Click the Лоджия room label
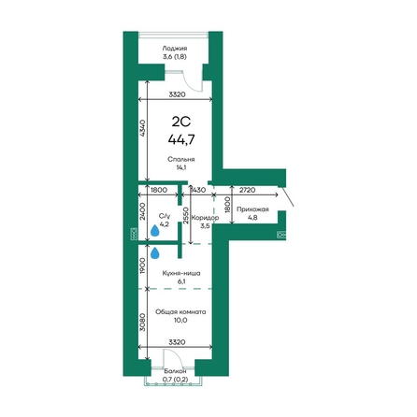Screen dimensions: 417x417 (175, 49)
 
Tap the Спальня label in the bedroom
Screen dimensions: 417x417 (181, 159)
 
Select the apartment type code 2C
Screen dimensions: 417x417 (181, 122)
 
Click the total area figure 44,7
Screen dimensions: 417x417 (181, 139)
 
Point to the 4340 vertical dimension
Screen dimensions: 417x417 (142, 128)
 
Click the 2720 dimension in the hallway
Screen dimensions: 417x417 (247, 190)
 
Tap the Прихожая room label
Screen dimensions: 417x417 (252, 209)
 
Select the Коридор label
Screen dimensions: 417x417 (205, 218)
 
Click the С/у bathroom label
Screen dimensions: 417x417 (165, 216)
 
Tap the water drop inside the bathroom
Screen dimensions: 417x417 (155, 231)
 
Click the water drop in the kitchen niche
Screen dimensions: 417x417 (155, 253)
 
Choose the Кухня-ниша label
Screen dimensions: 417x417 (181, 273)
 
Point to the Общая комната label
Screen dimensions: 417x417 (180, 311)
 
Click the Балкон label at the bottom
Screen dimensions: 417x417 (175, 371)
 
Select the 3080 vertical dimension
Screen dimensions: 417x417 (142, 323)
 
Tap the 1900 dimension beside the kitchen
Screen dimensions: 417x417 (142, 266)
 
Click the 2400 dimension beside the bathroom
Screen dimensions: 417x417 (142, 211)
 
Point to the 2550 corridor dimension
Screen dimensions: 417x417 (186, 216)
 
